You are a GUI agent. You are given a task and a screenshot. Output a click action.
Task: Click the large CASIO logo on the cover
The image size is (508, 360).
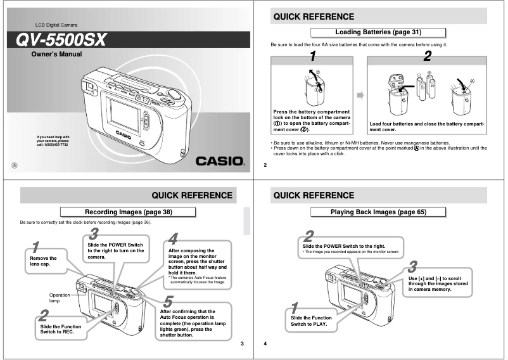[219, 161]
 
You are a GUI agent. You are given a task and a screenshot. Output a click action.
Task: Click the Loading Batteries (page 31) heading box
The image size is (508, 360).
[378, 32]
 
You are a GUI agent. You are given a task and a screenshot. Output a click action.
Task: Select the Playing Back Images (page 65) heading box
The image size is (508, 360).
[378, 212]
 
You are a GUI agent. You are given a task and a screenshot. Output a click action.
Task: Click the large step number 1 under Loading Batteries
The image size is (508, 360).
[312, 56]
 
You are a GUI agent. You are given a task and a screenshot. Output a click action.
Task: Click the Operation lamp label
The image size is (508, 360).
[60, 299]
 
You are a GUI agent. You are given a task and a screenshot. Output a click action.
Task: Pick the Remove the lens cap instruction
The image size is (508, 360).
[43, 261]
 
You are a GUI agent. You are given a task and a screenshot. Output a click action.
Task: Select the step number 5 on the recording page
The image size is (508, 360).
[168, 302]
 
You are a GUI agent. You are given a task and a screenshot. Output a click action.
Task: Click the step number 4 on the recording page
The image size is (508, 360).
[173, 240]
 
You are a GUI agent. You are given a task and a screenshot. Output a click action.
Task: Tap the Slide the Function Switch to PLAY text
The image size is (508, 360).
[311, 321]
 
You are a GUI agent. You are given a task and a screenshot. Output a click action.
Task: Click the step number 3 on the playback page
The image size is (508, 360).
[412, 266]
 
